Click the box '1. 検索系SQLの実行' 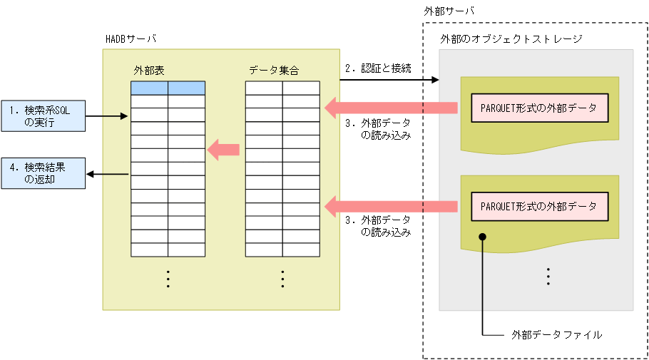(x=43, y=115)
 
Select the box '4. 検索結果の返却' (x=43, y=173)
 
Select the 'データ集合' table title (x=274, y=71)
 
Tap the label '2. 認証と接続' (x=379, y=69)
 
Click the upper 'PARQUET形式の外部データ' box (x=540, y=108)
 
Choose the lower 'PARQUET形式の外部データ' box (x=540, y=206)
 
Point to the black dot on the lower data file (x=483, y=236)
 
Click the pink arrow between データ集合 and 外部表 (x=223, y=149)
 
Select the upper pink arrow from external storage (x=391, y=108)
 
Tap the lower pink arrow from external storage (x=391, y=206)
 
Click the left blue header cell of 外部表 (x=149, y=88)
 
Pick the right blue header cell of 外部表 (x=186, y=88)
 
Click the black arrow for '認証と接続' (x=389, y=81)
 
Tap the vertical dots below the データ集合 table (x=282, y=278)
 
